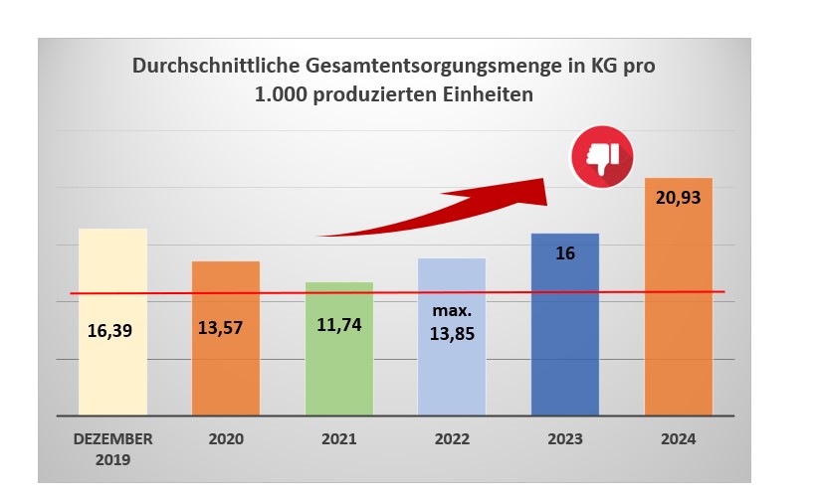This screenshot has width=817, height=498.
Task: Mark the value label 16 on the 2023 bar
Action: (x=565, y=252)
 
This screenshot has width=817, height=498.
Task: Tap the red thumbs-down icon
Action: (x=602, y=155)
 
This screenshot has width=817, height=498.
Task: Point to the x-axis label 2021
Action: (x=338, y=438)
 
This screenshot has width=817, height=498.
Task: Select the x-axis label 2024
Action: (x=680, y=438)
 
